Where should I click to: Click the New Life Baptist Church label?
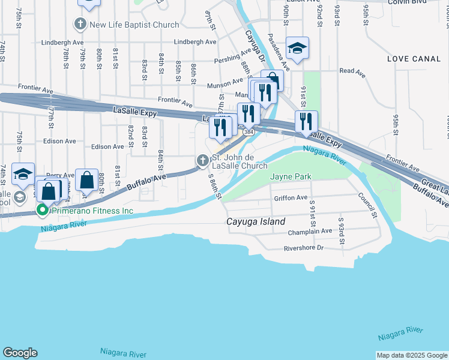134,25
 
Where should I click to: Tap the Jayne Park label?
291,177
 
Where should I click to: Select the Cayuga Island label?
256,221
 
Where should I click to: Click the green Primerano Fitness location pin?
42,211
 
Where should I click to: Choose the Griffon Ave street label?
291,197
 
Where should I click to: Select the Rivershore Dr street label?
303,248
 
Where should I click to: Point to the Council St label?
367,205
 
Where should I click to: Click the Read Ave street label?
352,71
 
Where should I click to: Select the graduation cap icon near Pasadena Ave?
297,49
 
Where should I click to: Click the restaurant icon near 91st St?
306,121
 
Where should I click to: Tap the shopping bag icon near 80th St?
87,179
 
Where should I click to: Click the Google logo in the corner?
20,353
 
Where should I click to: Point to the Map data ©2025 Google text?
412,355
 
